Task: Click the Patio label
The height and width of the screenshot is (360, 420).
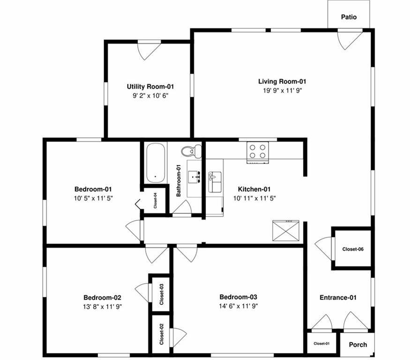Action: tap(349, 17)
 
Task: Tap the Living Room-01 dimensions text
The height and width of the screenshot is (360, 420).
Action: tap(282, 90)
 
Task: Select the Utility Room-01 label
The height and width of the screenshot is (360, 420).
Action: tap(150, 87)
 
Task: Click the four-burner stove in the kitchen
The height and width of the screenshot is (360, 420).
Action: tap(257, 152)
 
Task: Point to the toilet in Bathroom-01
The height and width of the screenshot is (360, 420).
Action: tap(191, 151)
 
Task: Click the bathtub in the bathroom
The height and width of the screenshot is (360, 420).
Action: tap(155, 163)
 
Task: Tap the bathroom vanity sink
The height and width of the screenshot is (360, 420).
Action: tap(194, 177)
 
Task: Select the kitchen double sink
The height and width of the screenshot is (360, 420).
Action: tap(215, 182)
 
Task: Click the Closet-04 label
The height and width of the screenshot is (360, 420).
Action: tap(155, 200)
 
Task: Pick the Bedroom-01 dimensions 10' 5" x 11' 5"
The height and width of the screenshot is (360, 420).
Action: tap(93, 198)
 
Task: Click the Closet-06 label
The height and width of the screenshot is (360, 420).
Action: tap(353, 249)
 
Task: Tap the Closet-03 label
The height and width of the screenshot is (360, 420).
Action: tap(162, 294)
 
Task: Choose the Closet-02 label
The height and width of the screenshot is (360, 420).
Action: tap(161, 334)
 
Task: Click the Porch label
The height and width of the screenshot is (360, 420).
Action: tap(358, 345)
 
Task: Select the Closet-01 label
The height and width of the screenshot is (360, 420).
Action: tap(322, 344)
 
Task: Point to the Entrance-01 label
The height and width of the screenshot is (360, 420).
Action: tap(338, 298)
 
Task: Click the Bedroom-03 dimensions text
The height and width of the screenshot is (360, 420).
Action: tap(239, 306)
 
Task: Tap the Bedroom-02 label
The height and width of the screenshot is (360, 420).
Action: tap(102, 298)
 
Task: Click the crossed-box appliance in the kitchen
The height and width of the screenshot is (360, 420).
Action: tap(285, 231)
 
